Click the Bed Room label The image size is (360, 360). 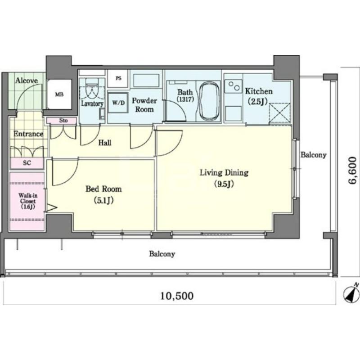103,189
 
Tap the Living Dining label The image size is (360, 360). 224,173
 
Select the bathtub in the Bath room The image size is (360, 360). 209,100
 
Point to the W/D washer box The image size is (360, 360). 118,103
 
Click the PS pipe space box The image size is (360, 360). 118,78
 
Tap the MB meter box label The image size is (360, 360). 59,94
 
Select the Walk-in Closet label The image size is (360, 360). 27,201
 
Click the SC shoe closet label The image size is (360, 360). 27,163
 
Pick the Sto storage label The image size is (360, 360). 63,120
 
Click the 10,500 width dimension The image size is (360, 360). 177,296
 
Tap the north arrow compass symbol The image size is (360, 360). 351,292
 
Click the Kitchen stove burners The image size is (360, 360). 234,86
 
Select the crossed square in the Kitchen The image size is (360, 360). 279,114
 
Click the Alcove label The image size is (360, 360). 27,81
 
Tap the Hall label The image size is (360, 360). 105,143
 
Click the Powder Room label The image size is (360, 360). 144,105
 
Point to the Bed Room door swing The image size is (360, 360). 65,171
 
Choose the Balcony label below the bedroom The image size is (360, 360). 162,254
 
